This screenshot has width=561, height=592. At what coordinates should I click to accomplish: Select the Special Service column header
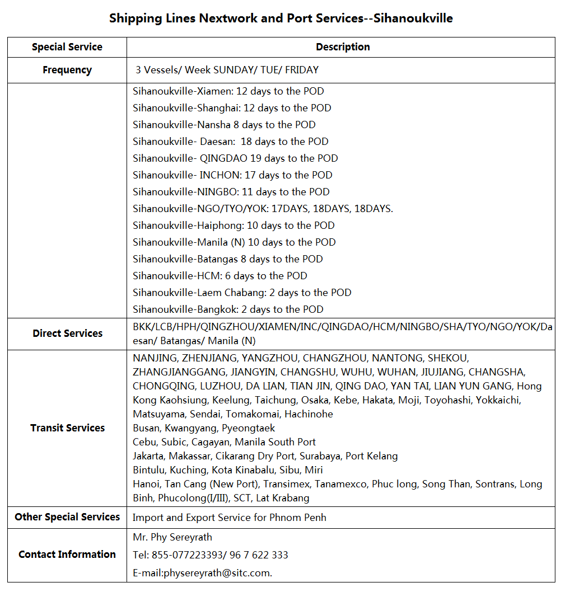pos(67,47)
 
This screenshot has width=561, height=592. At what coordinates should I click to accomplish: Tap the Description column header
pos(343,47)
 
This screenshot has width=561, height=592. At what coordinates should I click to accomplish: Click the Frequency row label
pos(67,70)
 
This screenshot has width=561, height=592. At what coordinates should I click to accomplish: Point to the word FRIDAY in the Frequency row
pos(302,70)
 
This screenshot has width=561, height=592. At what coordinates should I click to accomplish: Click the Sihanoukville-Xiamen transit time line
pos(228,91)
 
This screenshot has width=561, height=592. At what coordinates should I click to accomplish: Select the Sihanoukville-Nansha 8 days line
pos(224,125)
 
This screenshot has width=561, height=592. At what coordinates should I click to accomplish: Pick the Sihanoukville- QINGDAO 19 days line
pos(235,158)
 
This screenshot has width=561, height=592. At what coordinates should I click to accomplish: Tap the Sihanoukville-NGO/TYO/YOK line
pos(263,209)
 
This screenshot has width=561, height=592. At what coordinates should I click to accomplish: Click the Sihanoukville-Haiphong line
pos(233,225)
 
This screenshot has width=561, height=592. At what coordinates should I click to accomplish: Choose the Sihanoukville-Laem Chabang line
pos(242,293)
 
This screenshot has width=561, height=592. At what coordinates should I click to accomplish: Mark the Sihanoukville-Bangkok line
pos(228,309)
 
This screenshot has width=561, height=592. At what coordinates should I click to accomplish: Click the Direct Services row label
pos(67,333)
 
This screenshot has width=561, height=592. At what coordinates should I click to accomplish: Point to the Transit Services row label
pos(67,428)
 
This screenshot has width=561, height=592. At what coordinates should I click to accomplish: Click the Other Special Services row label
pos(67,517)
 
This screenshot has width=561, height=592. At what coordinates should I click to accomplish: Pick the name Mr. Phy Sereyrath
pos(172,537)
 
